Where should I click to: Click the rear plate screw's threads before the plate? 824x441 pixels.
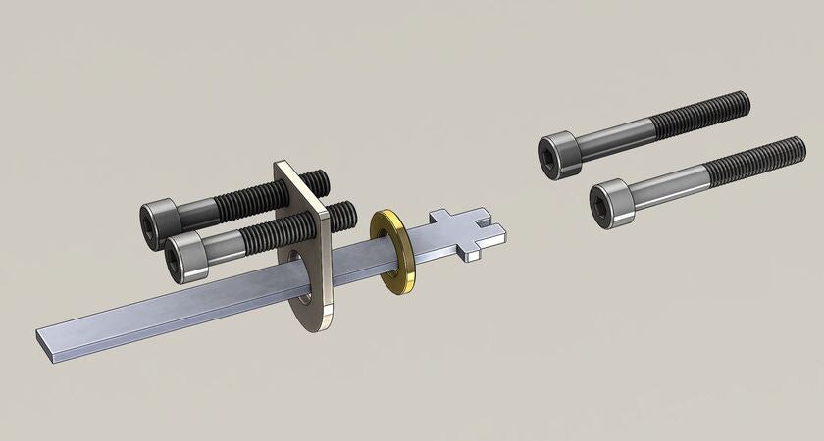tap(245, 202)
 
